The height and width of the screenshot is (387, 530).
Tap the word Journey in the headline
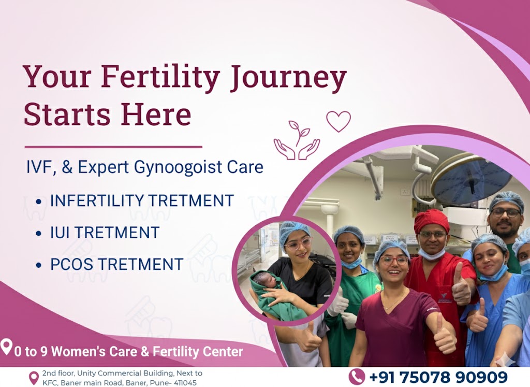coord(288,78)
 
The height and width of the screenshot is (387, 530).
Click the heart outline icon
coord(338,121)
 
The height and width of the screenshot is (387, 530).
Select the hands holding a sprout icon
coord(297,140)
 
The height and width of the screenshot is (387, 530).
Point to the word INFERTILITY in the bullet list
coord(97,200)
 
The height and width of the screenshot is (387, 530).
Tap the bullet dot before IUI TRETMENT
coord(38,234)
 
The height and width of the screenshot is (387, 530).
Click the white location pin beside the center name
coord(6,347)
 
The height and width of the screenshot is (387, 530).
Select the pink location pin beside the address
coord(34,378)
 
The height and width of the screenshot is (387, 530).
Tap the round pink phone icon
coord(357,377)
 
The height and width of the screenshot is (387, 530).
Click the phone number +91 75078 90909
coord(439,377)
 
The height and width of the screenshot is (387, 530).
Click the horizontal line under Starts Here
coord(113,147)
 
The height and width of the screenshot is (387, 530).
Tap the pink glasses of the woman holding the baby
coord(298,243)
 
